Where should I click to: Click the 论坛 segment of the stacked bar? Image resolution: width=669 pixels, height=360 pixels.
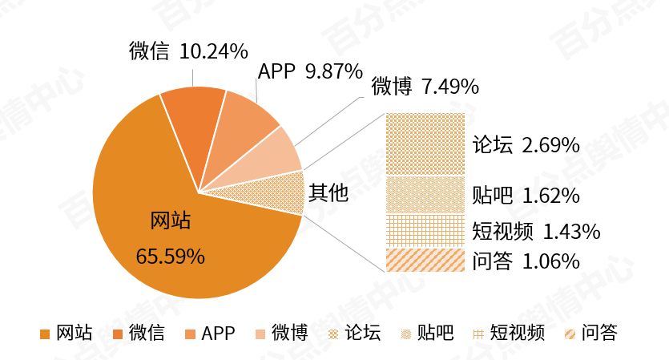tap(425, 144)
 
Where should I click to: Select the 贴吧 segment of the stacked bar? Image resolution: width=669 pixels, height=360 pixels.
tap(425, 195)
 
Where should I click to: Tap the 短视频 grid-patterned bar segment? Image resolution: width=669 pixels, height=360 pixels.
tap(425, 231)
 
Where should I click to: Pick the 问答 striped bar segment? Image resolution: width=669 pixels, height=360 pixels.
tap(425, 261)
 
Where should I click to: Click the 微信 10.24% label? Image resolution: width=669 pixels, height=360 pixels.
tap(187, 52)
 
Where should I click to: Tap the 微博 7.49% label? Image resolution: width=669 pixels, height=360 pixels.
tap(425, 87)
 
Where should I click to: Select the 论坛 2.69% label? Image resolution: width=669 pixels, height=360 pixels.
tap(526, 145)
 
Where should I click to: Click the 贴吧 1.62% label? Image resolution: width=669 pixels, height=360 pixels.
tap(526, 196)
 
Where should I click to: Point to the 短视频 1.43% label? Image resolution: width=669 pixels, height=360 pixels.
tap(536, 232)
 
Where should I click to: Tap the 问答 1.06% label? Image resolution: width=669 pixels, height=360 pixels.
tap(526, 261)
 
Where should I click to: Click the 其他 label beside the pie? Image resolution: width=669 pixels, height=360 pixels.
tap(328, 193)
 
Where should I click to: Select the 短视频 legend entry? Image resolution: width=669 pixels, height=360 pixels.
tap(509, 333)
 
